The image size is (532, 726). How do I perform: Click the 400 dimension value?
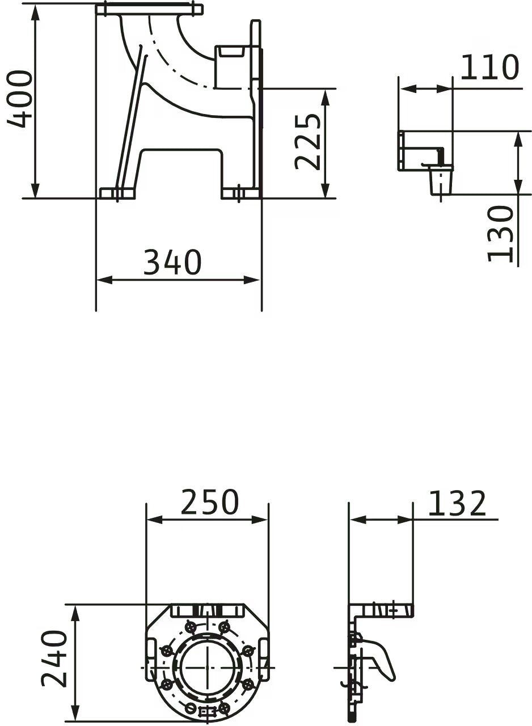pos(20,99)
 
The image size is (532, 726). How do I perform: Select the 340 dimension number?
pos(172,262)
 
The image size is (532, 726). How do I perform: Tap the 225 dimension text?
pos(307,141)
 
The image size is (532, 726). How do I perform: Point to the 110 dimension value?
pos(489,67)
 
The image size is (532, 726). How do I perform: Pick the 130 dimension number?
pos(500,233)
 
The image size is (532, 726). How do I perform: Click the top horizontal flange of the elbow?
pos(149,9)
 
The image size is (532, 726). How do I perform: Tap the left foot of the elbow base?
pos(117,193)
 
